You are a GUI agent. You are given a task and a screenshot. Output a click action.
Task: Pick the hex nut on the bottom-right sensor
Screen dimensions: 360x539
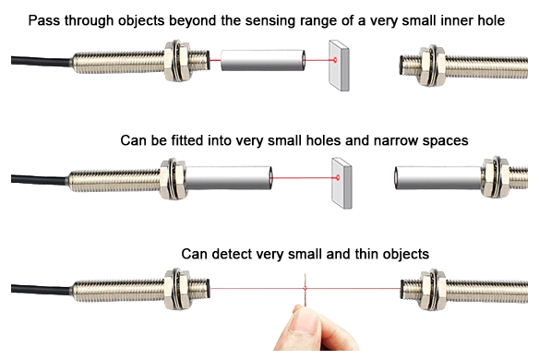click(x=431, y=288)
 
